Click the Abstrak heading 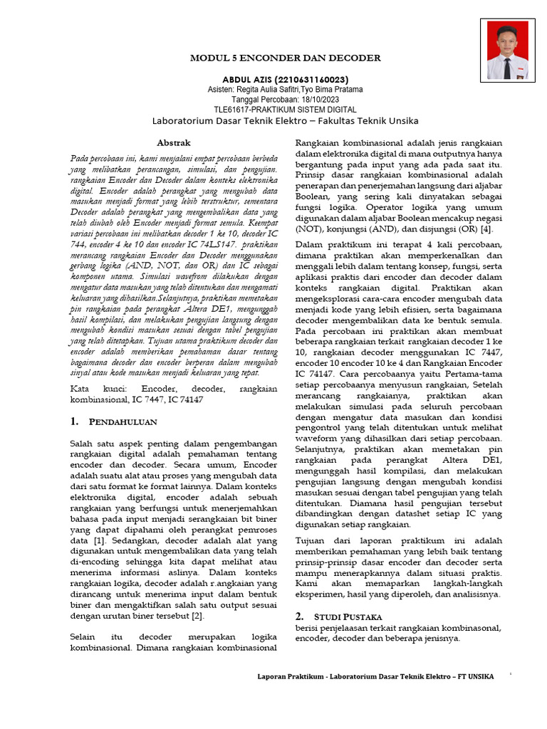click(174, 143)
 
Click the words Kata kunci click(93, 389)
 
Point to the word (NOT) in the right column click(310, 229)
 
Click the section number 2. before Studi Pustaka click(300, 615)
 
